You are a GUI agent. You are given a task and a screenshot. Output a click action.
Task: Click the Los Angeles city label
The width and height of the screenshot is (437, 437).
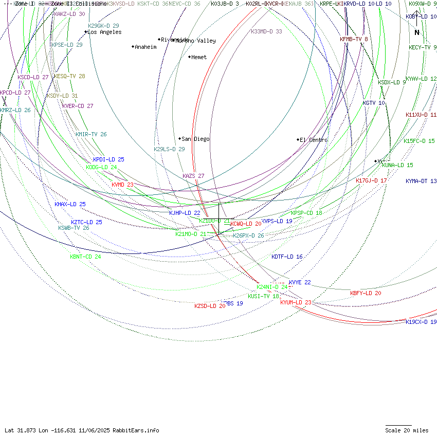coord(104,32)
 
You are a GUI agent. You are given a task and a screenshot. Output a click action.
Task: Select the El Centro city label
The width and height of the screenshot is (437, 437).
coord(314,140)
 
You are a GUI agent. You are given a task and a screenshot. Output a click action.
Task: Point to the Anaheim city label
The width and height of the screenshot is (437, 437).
coord(145,47)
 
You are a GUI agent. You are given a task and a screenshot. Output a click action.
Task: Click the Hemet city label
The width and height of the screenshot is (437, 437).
coord(198,58)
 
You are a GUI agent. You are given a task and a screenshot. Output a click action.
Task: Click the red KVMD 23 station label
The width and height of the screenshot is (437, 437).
coord(122,185)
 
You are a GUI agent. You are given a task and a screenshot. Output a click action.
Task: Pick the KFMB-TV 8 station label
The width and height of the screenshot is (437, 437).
coord(354,40)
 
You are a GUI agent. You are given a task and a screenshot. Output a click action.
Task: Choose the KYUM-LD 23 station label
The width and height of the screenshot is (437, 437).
coord(296,303)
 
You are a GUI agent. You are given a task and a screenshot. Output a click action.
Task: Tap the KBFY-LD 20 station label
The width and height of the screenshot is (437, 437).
coord(366,294)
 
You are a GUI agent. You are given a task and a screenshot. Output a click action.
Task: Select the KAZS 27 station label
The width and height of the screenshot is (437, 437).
coord(193,176)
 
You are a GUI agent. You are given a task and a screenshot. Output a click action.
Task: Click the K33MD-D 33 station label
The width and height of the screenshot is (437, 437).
coord(266,32)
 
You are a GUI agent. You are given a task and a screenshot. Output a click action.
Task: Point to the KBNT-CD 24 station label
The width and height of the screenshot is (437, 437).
coord(85,257)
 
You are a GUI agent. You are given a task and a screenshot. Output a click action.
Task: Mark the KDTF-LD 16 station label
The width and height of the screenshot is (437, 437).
coord(287,257)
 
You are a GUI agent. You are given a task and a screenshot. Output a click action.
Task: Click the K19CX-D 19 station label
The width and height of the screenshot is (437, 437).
coord(421,322)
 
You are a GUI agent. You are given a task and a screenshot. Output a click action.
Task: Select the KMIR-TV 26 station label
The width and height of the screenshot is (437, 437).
coord(91,135)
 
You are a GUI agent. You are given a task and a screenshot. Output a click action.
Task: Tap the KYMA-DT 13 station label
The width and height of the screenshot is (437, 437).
coord(421,181)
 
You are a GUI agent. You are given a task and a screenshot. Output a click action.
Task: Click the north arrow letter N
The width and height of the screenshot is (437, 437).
coord(417,33)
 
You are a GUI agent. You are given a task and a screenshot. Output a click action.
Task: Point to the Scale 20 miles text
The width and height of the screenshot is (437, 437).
coord(407,431)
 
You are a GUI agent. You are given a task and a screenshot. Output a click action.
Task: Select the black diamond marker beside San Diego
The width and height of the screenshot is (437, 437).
coord(180,139)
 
